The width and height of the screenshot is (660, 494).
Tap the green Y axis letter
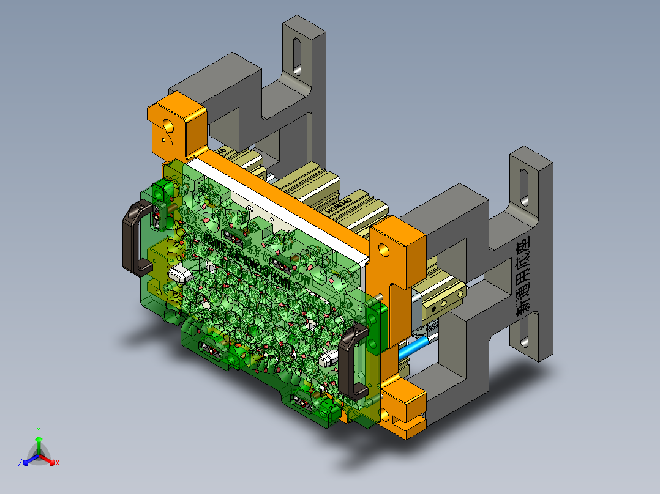tap(38, 429)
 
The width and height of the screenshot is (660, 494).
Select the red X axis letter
tap(58, 463)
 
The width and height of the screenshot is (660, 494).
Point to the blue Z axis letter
tap(20, 463)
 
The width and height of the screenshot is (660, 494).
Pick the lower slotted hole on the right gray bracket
tap(523, 333)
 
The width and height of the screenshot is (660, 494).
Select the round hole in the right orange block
tap(383, 249)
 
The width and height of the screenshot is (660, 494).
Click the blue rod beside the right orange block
tap(413, 349)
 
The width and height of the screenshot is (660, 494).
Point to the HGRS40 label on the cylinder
tap(340, 204)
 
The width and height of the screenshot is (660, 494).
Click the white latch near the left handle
tap(180, 273)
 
